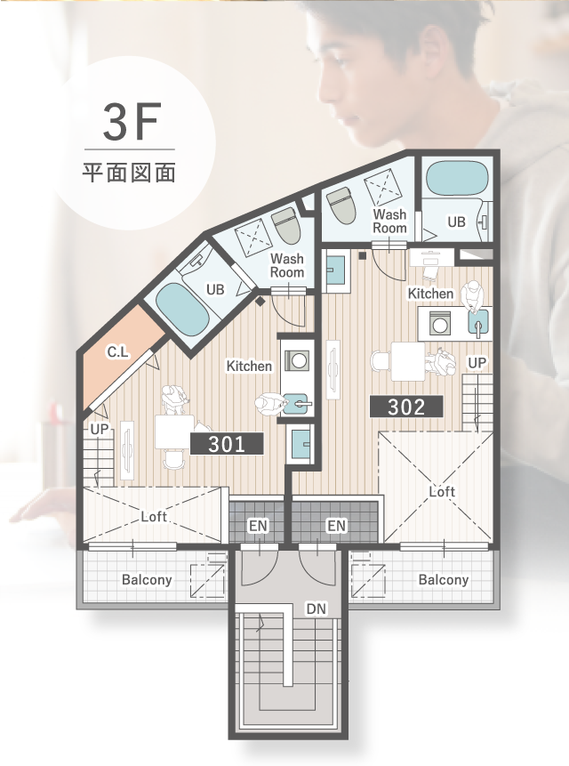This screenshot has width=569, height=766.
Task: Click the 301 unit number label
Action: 227,444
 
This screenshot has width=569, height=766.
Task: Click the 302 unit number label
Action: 406,407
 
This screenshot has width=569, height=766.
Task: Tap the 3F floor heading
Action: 132,122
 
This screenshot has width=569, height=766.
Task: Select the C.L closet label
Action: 117,351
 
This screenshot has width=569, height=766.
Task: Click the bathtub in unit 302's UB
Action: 457,178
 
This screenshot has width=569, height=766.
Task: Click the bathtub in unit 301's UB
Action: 182,310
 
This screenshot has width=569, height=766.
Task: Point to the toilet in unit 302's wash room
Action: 341,206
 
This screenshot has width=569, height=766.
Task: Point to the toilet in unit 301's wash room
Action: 284,227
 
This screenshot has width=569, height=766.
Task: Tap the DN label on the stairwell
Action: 317,609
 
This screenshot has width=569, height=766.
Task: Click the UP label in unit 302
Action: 477,363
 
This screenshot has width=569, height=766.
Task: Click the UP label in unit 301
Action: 100,430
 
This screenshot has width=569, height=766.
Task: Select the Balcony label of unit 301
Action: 147,580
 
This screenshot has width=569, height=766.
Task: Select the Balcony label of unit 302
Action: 444,579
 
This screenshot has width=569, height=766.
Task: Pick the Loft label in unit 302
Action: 442,491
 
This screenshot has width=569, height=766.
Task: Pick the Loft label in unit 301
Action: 154,516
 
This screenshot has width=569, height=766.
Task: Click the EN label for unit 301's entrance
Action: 258,526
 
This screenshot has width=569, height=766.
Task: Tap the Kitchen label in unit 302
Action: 431,294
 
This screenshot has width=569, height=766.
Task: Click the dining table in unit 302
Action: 408,361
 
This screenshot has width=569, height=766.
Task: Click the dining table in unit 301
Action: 174,432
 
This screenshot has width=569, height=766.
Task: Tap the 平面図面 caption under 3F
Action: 129,173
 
